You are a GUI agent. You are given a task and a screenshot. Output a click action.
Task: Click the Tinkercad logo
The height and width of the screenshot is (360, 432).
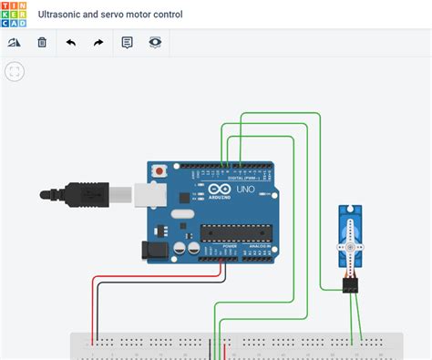tap(15, 15)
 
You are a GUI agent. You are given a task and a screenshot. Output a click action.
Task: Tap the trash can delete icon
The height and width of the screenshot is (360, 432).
tap(42, 43)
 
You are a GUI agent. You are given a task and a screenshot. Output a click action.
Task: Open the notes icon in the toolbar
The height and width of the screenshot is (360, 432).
tap(127, 43)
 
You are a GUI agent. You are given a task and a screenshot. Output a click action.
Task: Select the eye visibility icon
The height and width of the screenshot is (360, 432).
tap(155, 43)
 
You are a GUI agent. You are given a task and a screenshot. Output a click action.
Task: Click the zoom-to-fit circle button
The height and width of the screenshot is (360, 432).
tap(15, 71)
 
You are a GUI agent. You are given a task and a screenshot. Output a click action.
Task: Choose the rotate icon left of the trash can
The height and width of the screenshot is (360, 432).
tap(15, 43)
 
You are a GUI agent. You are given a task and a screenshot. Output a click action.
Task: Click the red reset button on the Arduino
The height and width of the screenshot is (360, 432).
tap(159, 170)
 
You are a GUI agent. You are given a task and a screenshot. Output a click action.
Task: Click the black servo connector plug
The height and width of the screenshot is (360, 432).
tap(351, 286)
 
